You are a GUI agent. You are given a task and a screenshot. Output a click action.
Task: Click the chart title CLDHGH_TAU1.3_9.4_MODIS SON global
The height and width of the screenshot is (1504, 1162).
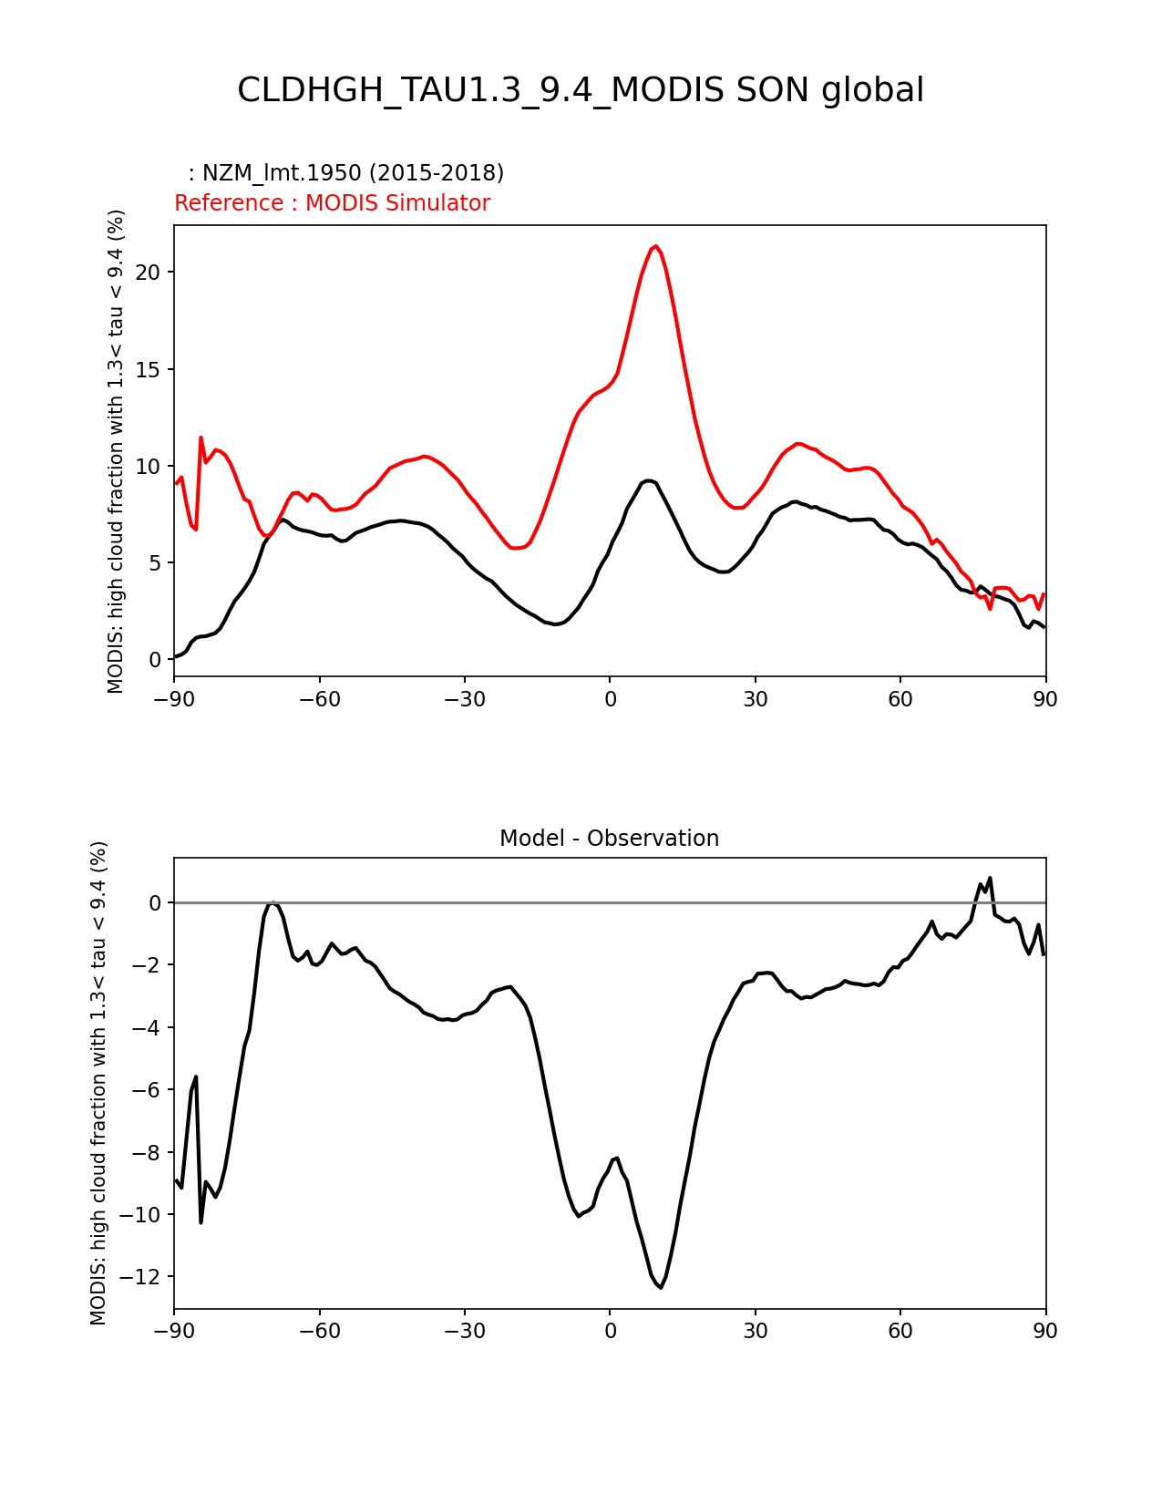coord(581,90)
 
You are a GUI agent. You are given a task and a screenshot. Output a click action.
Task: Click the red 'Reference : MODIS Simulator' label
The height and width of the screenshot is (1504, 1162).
coord(332,203)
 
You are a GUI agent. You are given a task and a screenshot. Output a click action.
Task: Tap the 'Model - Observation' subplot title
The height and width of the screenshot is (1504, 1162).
coord(609,839)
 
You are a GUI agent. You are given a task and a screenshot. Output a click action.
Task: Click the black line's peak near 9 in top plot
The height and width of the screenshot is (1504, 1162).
coord(648,480)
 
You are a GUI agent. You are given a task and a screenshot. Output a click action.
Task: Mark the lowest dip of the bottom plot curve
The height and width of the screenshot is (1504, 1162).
coord(661,1287)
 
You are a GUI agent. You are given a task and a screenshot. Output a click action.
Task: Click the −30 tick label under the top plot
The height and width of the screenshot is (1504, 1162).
coord(464,699)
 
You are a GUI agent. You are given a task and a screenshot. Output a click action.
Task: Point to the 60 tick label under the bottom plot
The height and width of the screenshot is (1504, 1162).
coord(900,1331)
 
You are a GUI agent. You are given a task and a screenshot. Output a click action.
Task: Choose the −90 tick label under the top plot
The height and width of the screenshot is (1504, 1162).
coord(174,699)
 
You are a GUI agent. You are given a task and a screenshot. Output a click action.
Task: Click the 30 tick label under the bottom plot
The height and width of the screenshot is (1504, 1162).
coord(755,1331)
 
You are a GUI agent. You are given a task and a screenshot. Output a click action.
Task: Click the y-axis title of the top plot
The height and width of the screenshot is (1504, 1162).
coord(116,451)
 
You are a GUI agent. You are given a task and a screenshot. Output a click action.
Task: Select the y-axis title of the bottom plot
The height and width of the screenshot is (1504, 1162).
coord(98,1083)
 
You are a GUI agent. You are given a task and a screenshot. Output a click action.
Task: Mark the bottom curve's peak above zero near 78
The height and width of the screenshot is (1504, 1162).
coord(990,879)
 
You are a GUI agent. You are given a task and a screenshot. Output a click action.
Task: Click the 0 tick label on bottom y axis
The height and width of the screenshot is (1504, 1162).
coord(155,902)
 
